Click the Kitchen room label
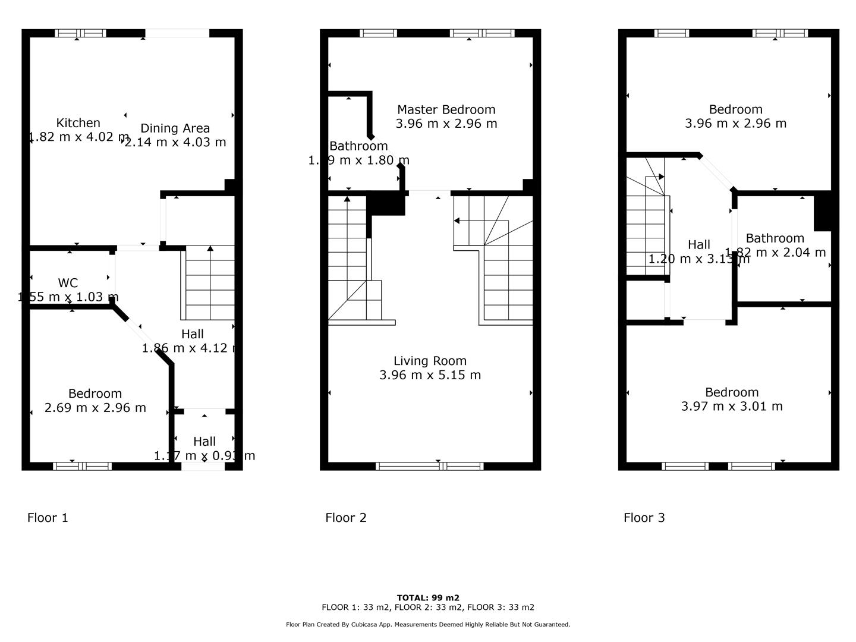coord(78,123)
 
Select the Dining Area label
coord(175,128)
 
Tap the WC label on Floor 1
coord(68,283)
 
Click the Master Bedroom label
coord(446,109)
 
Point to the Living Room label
coord(430,361)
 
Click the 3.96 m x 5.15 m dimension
coord(430,375)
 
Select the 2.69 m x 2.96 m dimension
coord(95,408)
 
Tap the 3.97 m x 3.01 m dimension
coord(732,407)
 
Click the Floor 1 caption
coord(48,518)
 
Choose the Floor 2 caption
coord(346,518)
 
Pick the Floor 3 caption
coord(644,518)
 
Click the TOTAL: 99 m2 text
coord(428,598)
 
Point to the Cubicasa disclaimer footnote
coord(428,625)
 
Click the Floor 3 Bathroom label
coord(775,238)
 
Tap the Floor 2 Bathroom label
coord(358,146)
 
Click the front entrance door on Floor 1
coord(203,467)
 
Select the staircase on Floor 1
coord(210,283)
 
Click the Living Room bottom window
coord(430,467)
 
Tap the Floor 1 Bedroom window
coord(82,467)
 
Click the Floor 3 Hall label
coord(698,245)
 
